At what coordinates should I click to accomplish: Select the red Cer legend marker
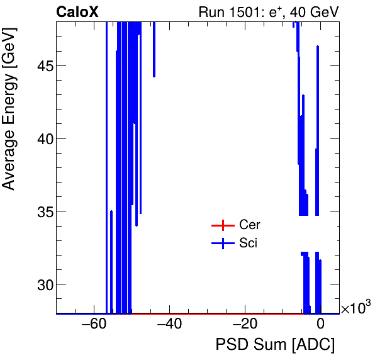pyautogui.click(x=222, y=225)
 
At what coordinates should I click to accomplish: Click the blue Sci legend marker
pyautogui.click(x=222, y=244)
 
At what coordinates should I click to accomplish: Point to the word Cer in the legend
pyautogui.click(x=249, y=225)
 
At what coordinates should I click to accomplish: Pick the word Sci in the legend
pyautogui.click(x=248, y=244)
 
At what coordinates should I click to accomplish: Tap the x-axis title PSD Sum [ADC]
pyautogui.click(x=275, y=345)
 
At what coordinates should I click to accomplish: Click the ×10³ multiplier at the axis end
pyautogui.click(x=355, y=308)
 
